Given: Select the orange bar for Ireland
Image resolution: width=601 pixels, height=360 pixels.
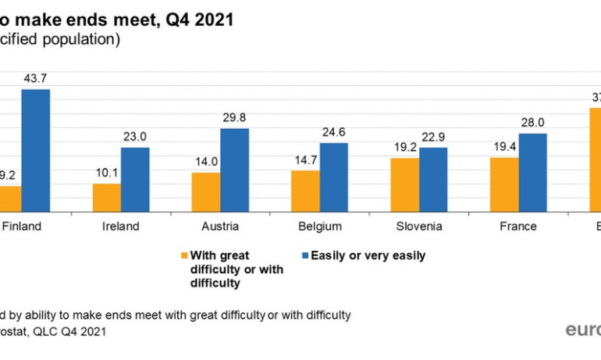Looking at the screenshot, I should tap(107, 198).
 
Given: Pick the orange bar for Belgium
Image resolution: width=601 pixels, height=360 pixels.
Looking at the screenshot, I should tap(305, 191).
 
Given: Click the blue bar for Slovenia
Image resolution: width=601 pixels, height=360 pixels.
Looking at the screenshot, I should tap(433, 179).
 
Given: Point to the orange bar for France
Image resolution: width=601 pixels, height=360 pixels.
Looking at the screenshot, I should tap(504, 184).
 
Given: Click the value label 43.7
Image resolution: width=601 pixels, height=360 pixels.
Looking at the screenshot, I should tap(35, 79).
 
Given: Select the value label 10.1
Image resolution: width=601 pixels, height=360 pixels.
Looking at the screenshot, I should tap(107, 174).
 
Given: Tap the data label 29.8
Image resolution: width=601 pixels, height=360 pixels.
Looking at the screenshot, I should tap(234, 118).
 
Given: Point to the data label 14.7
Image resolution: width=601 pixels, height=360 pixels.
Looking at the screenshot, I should tap(305, 160).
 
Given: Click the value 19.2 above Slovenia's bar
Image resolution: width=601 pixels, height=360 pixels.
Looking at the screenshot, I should tap(404, 148).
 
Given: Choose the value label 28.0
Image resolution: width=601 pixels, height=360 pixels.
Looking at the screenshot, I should tap(533, 123).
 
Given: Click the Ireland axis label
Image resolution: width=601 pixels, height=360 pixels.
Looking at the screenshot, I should tap(121, 226).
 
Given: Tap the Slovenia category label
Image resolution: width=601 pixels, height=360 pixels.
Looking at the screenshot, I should tap(418, 226).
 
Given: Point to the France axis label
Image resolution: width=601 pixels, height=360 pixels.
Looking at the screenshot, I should tap(518, 226).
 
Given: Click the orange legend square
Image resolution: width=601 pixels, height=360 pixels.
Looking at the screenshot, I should tap(185, 255).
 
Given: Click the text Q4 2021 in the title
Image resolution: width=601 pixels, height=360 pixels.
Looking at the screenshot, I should tap(200, 19).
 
